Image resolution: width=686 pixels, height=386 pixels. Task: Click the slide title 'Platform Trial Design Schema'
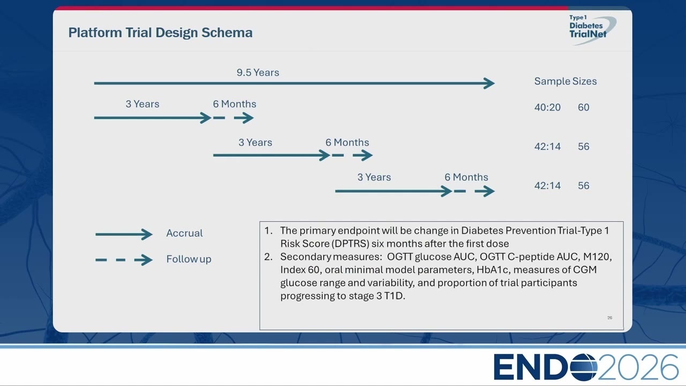coord(160,33)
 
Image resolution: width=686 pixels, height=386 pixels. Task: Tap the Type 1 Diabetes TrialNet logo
coord(591,29)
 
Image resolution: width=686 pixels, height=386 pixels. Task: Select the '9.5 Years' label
coord(258,72)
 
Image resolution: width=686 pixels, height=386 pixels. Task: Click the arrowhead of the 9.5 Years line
coord(489,83)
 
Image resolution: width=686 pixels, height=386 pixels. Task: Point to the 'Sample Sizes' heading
coord(565,81)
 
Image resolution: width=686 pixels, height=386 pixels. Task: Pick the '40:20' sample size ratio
coord(548,108)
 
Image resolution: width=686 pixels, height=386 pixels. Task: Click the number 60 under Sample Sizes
coord(584,108)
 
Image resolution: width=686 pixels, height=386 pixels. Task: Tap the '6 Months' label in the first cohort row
coord(235,104)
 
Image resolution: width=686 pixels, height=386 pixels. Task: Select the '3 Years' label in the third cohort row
coord(374,177)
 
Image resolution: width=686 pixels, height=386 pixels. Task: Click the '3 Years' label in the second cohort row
coord(256,143)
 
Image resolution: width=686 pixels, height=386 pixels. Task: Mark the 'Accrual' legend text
coord(184,233)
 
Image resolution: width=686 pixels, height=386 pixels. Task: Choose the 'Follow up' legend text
coord(189,259)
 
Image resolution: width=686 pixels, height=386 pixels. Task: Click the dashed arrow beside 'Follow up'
coord(124,260)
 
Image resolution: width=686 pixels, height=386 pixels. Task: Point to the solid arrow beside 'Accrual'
coord(124,234)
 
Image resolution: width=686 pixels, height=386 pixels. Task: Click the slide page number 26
coord(610,318)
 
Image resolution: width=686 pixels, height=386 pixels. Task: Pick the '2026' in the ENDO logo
coord(638,367)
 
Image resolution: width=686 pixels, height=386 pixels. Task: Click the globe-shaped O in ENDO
coord(584,367)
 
